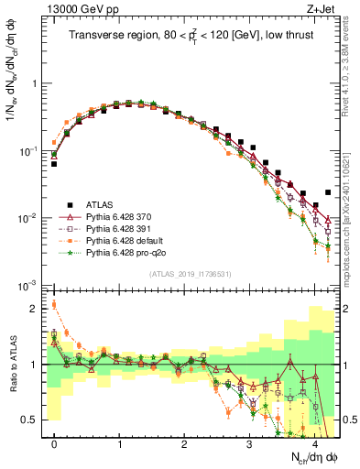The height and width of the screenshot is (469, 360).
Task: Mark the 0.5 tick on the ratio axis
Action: (x=33, y=420)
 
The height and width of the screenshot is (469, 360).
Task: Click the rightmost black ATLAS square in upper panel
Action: (x=328, y=192)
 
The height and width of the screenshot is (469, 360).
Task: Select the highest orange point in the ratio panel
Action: (x=54, y=304)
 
